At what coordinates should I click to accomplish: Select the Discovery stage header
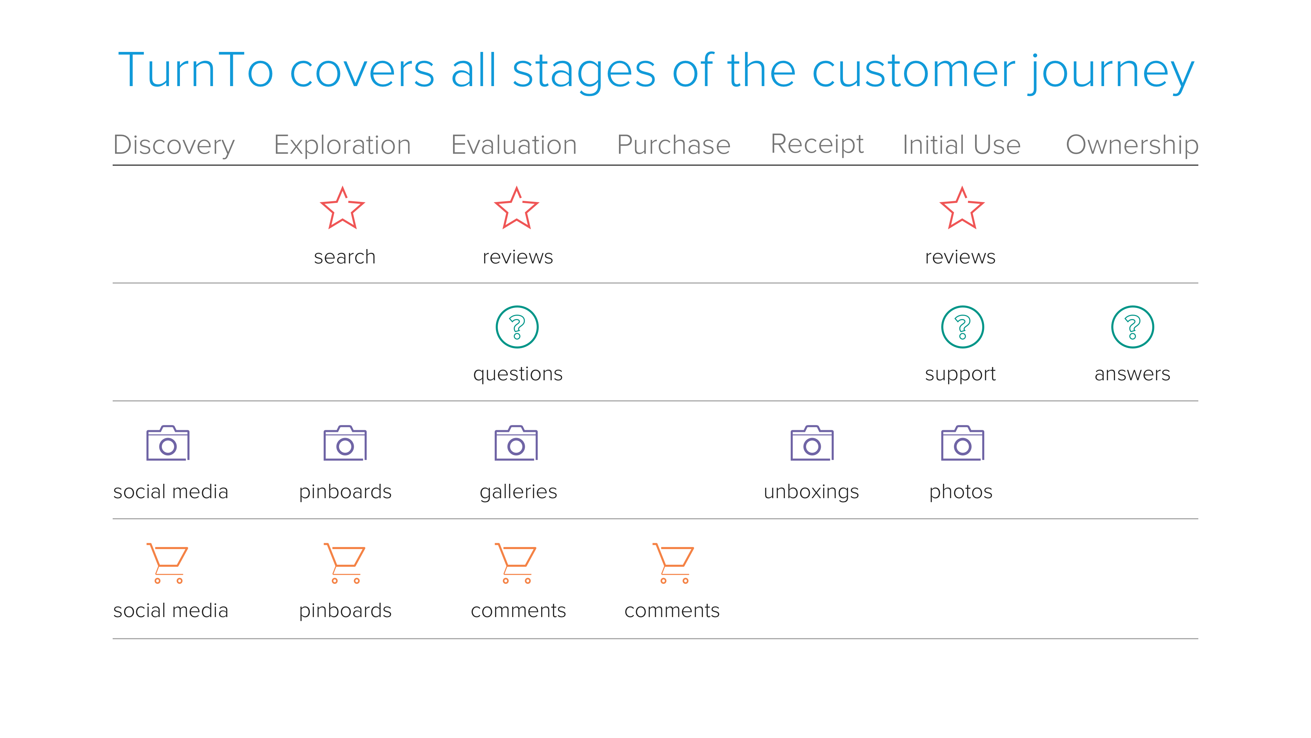click(174, 145)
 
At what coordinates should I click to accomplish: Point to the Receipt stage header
click(817, 145)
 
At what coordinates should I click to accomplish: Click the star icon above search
click(342, 208)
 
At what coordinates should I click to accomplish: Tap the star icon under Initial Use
click(962, 208)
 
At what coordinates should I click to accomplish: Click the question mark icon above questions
click(517, 327)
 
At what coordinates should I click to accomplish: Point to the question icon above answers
click(1132, 327)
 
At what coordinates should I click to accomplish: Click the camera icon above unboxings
click(812, 443)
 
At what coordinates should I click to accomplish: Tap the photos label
click(960, 492)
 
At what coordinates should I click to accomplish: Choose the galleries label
click(518, 492)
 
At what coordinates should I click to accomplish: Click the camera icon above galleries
click(516, 443)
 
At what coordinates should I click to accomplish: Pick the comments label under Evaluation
click(518, 611)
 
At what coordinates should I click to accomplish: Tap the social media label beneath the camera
click(170, 492)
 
